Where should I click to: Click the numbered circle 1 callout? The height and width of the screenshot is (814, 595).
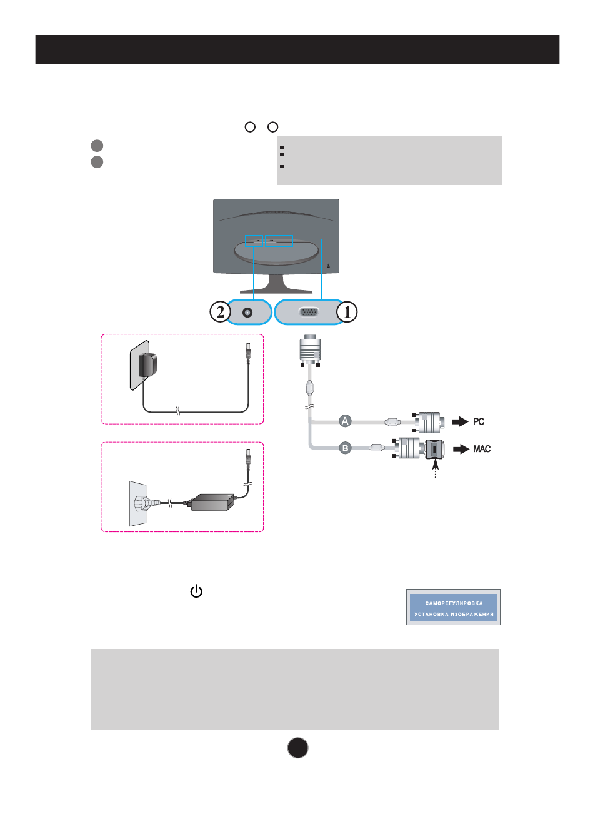pos(347,311)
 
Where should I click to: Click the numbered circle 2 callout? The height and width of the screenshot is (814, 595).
pos(220,311)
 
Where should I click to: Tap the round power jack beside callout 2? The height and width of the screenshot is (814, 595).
pos(248,312)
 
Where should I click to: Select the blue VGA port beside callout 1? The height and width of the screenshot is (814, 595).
pos(309,312)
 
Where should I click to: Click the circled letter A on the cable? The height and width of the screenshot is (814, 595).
pos(345,421)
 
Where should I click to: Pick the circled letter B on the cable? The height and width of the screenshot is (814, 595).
pos(345,448)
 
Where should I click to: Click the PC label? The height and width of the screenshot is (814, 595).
pos(479,421)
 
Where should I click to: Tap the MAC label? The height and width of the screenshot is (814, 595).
pos(482,449)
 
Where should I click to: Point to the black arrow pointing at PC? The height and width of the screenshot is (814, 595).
pos(460,421)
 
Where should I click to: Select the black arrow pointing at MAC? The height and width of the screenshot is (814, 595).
pos(461,449)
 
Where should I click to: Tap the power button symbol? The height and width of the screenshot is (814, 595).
pos(196,591)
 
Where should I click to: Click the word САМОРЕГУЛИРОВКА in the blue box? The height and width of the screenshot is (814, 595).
pos(454,603)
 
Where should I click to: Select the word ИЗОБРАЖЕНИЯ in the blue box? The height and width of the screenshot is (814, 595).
pos(473,614)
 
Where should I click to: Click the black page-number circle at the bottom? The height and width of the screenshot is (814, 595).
pos(298,748)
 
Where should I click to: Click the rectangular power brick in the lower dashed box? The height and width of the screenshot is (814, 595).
pos(212,502)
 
